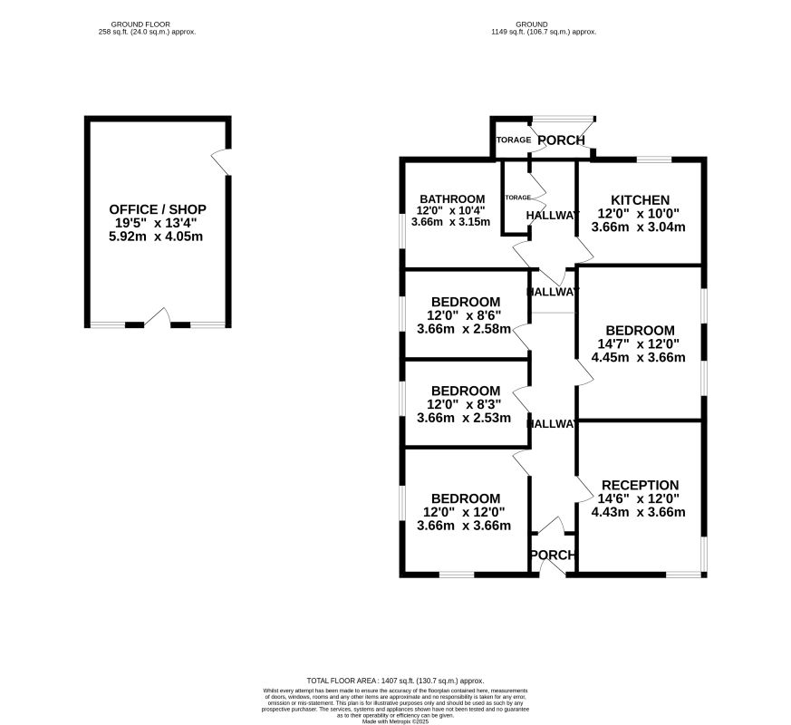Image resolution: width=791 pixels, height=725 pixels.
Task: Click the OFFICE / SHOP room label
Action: [x=158, y=209]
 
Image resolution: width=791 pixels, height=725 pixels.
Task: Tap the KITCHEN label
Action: [x=640, y=200]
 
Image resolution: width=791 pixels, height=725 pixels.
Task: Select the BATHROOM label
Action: [x=452, y=199]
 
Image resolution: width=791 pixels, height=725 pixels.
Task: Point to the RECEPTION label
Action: [x=640, y=485]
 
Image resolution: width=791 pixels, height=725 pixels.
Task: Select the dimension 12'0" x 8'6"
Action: [x=464, y=315]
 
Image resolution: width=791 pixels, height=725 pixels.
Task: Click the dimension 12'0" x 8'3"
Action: [x=464, y=404]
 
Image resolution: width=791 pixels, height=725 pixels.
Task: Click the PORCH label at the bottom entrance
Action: [x=552, y=556]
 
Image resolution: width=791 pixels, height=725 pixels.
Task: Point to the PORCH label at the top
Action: [x=561, y=140]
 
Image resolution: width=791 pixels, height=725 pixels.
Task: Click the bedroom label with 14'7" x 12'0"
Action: [x=640, y=330]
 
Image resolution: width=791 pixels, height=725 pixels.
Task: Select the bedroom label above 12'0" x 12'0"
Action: [x=465, y=498]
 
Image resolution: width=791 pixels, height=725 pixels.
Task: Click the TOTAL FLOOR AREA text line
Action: [x=395, y=681]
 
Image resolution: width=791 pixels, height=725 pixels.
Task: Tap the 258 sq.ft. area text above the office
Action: [x=148, y=32]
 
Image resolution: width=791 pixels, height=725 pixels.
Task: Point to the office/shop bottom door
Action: [x=157, y=318]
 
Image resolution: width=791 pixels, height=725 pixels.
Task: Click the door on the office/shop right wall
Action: [x=221, y=161]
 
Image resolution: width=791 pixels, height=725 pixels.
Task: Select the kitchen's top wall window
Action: [x=653, y=160]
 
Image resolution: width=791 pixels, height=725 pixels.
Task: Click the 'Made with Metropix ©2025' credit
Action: [x=395, y=721]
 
